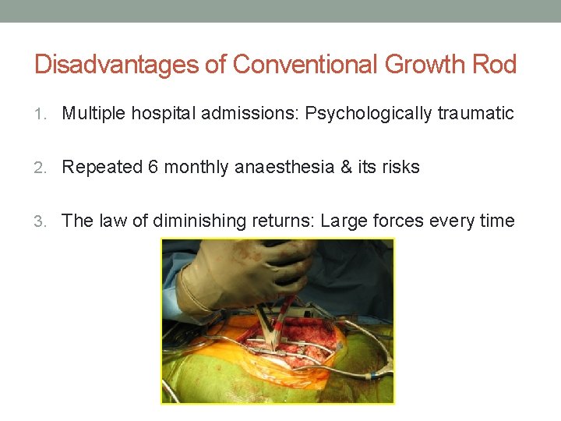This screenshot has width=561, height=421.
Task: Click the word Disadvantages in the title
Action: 117,64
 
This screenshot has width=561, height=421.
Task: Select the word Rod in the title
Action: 494,64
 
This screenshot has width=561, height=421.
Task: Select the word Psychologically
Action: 368,114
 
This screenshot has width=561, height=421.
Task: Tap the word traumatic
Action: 475,114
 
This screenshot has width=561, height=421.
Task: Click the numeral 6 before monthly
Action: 153,167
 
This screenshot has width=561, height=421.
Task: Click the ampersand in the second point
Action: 346,167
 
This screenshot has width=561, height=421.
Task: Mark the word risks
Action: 400,167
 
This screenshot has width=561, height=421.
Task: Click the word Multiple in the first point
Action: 93,114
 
